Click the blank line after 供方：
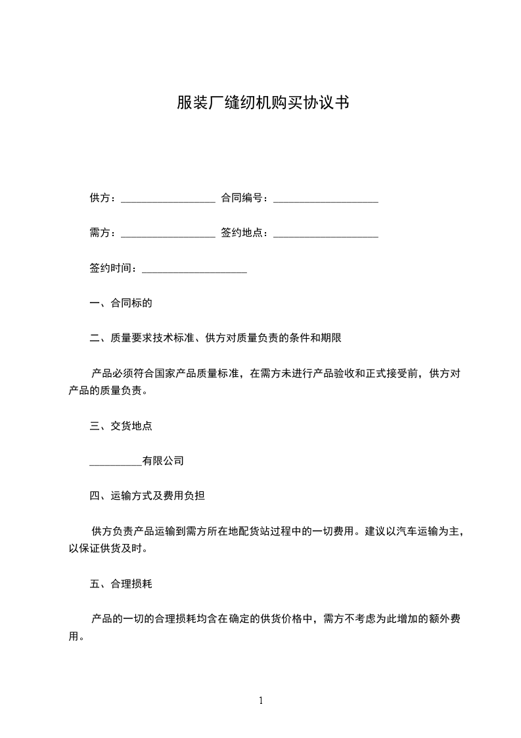click(x=168, y=198)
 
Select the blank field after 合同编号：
click(x=325, y=198)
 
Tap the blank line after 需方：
click(x=168, y=233)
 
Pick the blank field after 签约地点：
click(x=325, y=233)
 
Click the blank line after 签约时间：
click(x=194, y=268)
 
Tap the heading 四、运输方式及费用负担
click(x=147, y=496)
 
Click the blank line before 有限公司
click(x=115, y=461)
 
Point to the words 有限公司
click(x=163, y=461)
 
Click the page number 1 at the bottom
click(x=261, y=701)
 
